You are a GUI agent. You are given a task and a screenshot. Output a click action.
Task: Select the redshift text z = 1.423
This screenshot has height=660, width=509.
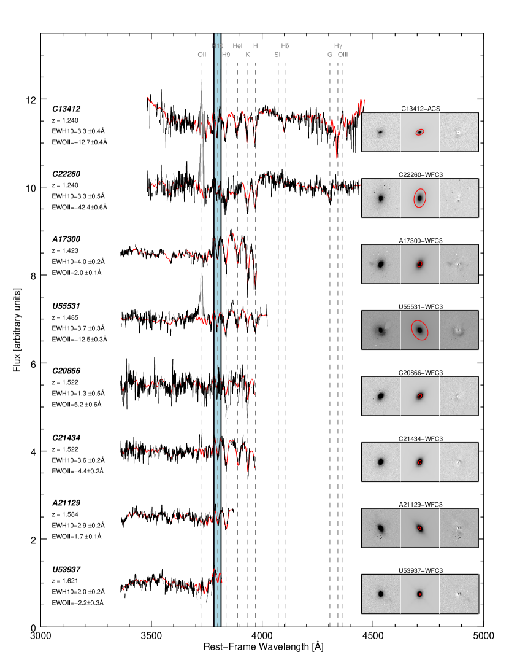point(66,250)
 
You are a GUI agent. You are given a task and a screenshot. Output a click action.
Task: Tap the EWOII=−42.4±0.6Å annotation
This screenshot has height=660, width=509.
point(80,208)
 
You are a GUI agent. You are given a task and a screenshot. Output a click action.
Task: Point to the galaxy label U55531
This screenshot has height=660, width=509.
point(67,305)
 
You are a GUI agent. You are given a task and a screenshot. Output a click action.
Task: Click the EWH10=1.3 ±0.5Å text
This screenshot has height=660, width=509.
point(78,393)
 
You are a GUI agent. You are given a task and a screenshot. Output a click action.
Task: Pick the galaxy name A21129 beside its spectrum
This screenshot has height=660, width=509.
point(67,503)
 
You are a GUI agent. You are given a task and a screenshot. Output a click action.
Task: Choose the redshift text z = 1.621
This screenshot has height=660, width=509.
point(66,581)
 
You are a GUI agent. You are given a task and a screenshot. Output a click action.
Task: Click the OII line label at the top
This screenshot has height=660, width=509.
point(202,55)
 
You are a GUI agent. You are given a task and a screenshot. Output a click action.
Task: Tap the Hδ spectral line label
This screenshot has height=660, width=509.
point(285,46)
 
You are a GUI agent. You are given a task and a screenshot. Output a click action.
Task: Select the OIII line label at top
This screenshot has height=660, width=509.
point(343,55)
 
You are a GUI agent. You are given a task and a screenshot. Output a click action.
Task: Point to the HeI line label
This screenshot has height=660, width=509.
point(238,46)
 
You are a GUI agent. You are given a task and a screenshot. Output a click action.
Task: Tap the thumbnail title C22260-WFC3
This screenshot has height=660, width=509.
point(419,174)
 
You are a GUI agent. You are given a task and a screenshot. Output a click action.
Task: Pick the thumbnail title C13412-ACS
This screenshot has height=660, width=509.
point(419,109)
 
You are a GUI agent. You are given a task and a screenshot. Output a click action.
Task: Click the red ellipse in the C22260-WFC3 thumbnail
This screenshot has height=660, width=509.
point(419,198)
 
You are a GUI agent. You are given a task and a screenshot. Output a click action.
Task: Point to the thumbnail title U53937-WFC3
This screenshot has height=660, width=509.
point(419,570)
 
